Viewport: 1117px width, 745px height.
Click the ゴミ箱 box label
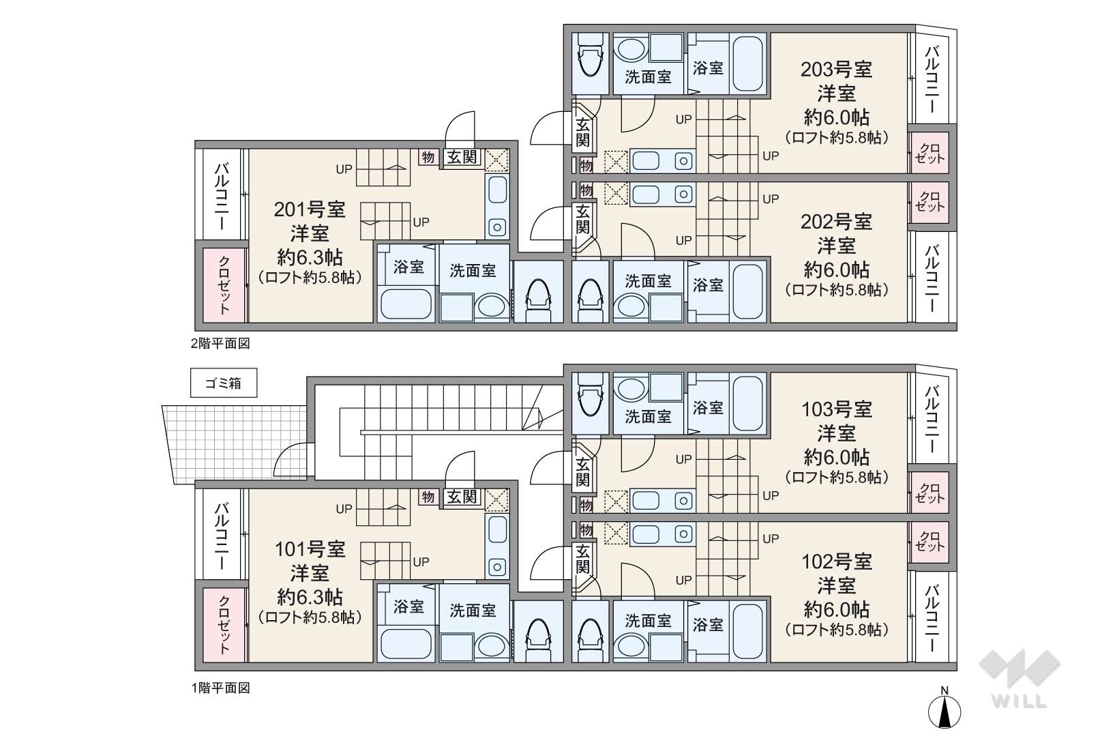tap(224, 383)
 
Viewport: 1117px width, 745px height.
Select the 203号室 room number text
tap(836, 70)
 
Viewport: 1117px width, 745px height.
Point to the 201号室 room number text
tap(309, 209)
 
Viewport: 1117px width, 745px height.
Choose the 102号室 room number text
tap(836, 562)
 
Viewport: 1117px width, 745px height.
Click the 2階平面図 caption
tap(220, 343)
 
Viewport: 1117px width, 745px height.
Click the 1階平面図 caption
tap(220, 688)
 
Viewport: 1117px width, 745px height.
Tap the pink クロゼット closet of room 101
tap(224, 625)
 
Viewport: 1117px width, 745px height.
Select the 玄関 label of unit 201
tap(462, 157)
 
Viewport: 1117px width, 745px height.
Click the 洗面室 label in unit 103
tap(648, 416)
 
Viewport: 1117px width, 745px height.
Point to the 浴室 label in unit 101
tap(408, 607)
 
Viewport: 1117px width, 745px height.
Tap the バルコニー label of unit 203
tap(932, 79)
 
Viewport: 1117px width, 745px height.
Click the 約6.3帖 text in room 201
tap(309, 257)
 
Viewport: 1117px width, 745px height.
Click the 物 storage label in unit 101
tap(428, 497)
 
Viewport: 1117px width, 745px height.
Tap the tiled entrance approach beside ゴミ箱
tap(235, 444)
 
